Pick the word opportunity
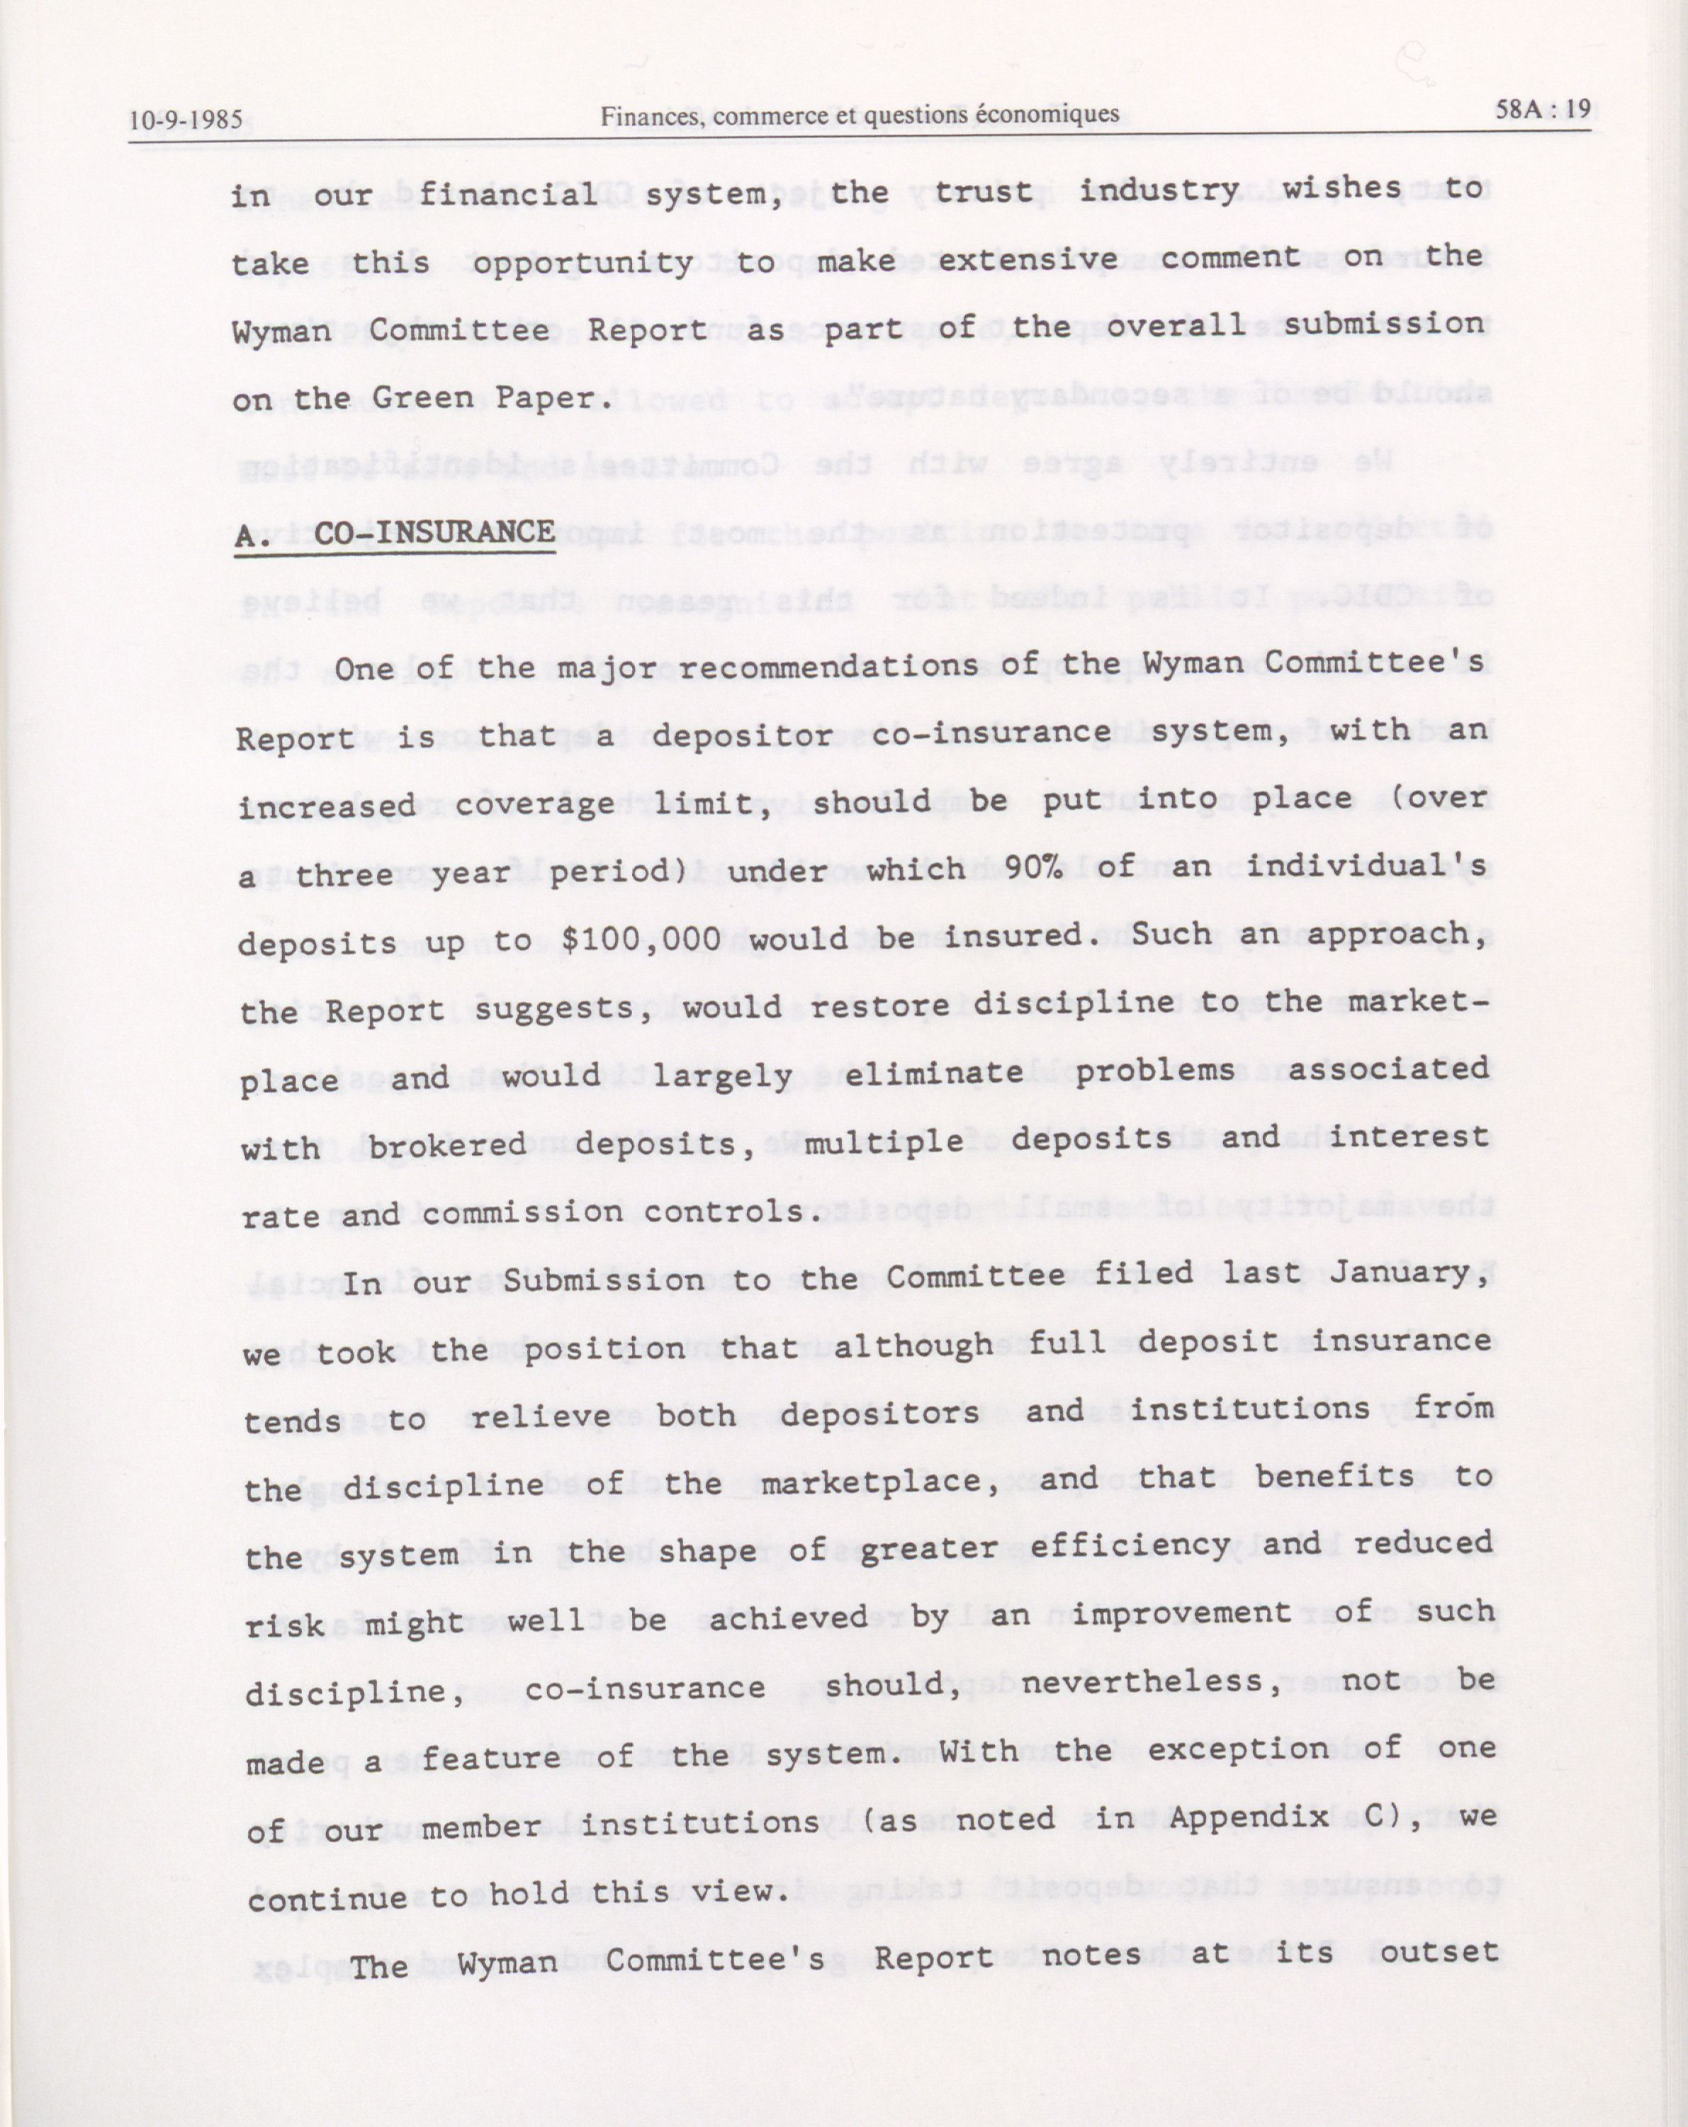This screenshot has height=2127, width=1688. pos(582,264)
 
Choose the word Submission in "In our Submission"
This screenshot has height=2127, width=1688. pos(603,1280)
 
